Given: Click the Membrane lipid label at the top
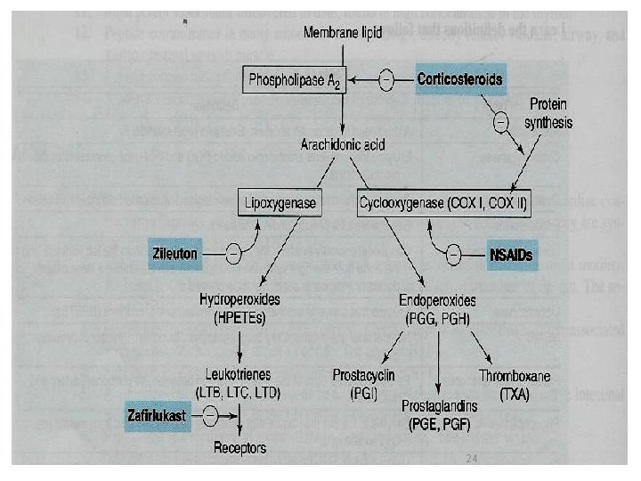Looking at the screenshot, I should click(345, 34).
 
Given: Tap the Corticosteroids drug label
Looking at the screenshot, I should click(460, 78).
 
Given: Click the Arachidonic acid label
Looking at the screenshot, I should click(342, 145).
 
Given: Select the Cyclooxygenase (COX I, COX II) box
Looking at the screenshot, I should click(443, 203).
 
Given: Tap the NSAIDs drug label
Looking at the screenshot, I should click(512, 254).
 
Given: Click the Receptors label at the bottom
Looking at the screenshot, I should click(239, 447).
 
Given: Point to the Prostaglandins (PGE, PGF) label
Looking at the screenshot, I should click(439, 414).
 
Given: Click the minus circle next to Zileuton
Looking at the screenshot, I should click(231, 253).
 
